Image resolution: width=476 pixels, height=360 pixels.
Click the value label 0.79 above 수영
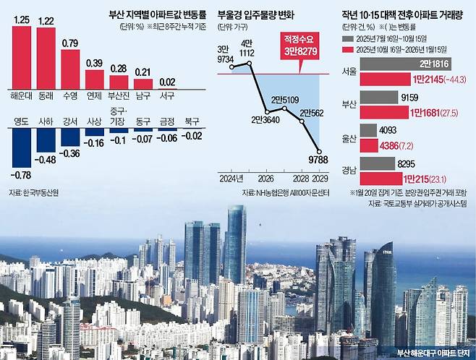[x=69, y=43]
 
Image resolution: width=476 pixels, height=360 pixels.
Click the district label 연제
[x=94, y=95]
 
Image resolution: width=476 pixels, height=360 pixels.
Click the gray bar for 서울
[x=404, y=64]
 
